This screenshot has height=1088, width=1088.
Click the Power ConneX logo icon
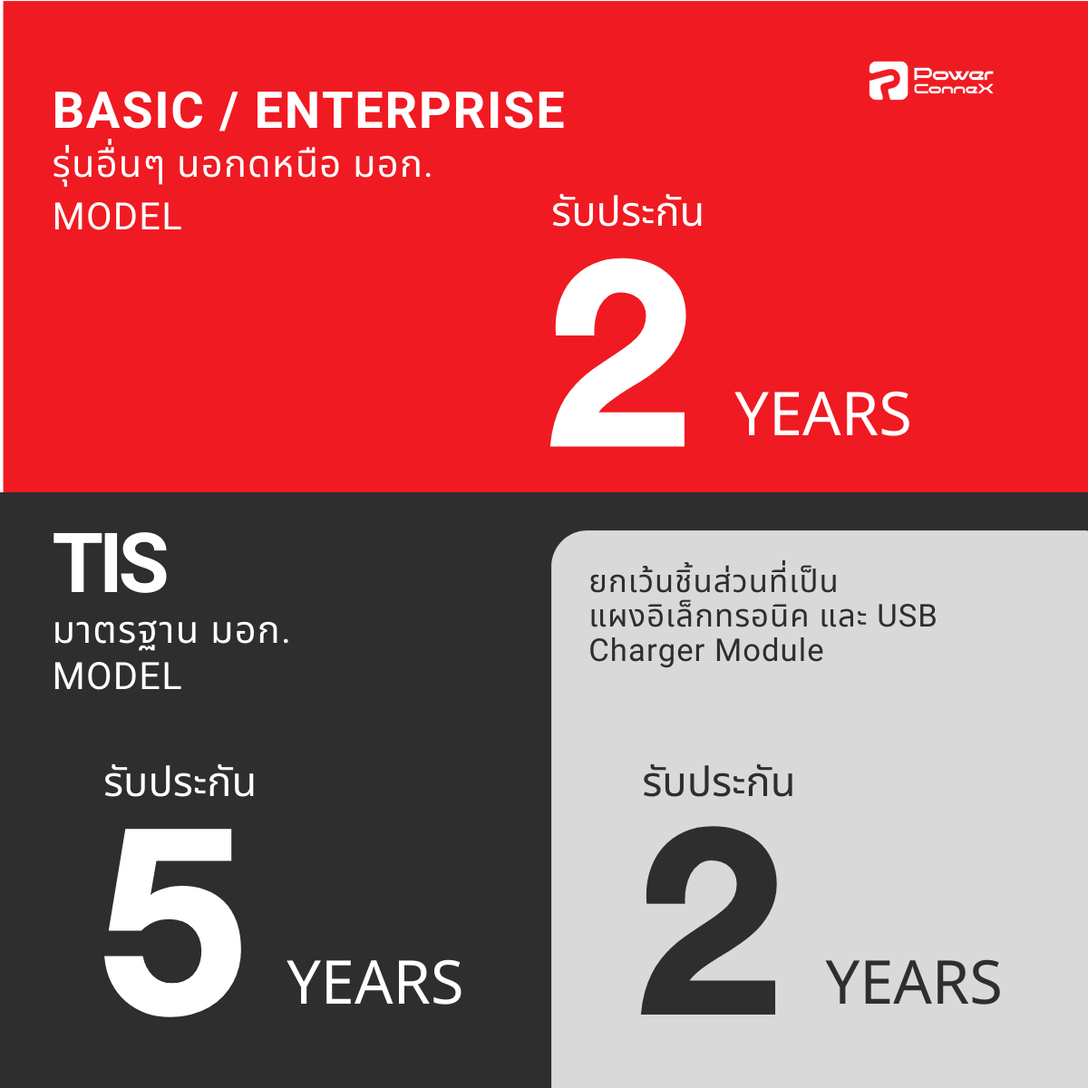click(889, 81)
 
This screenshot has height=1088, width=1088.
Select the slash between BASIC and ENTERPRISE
click(229, 111)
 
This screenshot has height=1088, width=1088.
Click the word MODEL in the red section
click(118, 217)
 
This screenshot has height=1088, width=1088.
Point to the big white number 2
click(619, 353)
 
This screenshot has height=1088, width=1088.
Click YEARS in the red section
click(822, 415)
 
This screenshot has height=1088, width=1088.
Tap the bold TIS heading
click(110, 563)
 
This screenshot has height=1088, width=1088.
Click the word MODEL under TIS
click(118, 676)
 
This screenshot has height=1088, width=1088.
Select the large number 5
click(173, 923)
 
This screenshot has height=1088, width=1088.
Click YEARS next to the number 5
click(374, 984)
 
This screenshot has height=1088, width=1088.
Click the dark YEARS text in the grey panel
click(913, 984)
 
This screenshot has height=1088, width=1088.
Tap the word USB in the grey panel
click(906, 616)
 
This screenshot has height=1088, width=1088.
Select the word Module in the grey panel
click(769, 650)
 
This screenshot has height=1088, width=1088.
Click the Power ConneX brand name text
click(953, 81)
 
